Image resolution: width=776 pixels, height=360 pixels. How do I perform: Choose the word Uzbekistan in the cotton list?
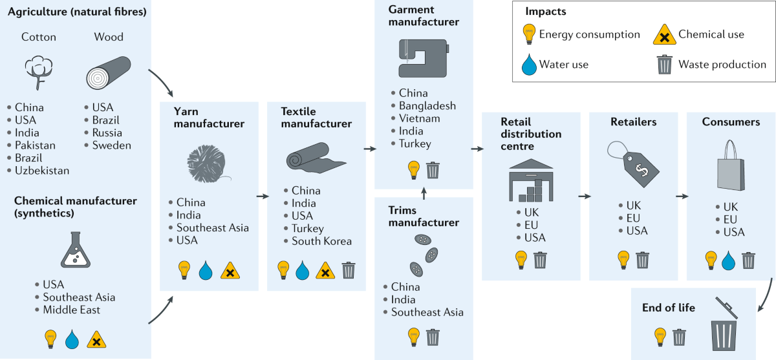point(42,171)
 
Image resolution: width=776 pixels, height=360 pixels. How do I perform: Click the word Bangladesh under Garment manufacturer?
point(427,105)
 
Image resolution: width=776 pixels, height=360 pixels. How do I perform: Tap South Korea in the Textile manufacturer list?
point(321,241)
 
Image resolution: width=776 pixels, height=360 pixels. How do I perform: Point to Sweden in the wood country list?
point(111,145)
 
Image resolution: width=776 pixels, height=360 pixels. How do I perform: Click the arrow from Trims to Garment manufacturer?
point(424,193)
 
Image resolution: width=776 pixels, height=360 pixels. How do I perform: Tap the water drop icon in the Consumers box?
point(729,260)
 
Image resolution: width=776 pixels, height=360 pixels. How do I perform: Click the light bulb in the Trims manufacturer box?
point(413,337)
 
